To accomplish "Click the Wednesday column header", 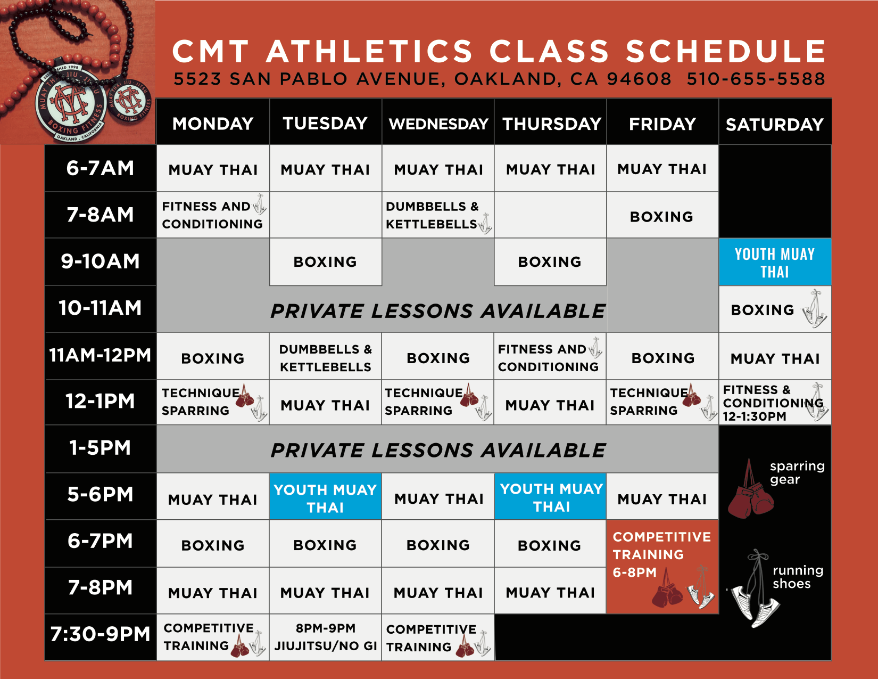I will pos(438,124).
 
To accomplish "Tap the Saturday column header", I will pos(775,124).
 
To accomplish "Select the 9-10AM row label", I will pos(101,261).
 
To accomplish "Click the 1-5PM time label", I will pos(101,448).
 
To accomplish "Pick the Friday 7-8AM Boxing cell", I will pos(662,216).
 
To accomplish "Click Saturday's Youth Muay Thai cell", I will pos(775,263).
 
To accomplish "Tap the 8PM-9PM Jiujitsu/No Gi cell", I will pos(325,637).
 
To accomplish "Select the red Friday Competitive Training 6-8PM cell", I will pos(662,566).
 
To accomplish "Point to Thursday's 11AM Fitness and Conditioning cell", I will pos(550,357).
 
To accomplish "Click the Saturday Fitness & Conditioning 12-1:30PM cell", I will pos(774,403).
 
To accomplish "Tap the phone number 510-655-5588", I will pos(756,79).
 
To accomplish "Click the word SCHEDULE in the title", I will pos(725,52).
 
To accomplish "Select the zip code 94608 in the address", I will pos(639,79).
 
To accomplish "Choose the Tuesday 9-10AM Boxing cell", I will pos(325,262).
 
